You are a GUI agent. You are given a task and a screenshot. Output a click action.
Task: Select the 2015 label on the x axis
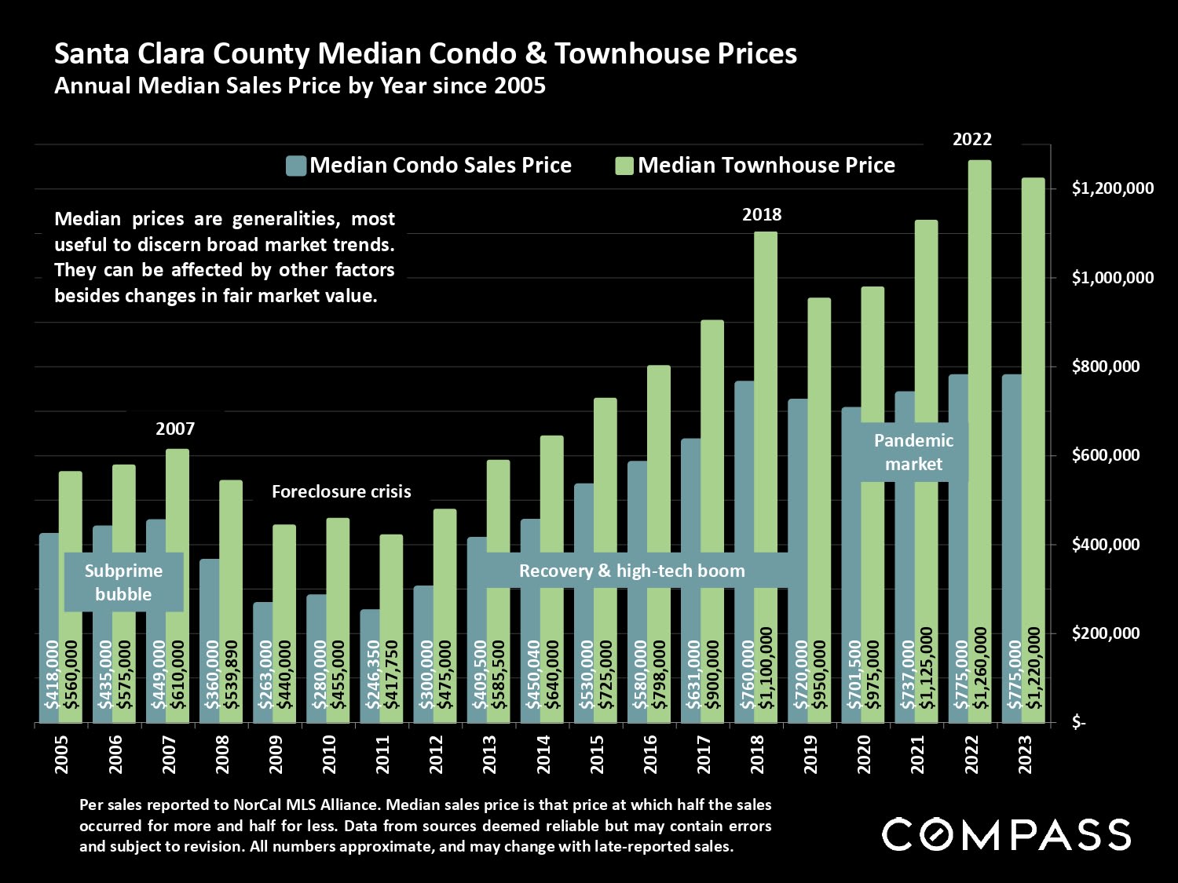click(x=597, y=754)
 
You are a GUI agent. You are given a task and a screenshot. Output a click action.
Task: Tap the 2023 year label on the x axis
click(x=1025, y=754)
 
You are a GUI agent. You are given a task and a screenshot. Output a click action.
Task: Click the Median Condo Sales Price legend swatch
click(x=295, y=166)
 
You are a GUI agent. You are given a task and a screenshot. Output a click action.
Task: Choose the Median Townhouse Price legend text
click(x=766, y=166)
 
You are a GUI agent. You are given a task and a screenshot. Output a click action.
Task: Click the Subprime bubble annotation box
click(x=123, y=582)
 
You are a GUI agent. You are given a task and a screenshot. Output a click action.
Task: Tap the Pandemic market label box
click(x=913, y=452)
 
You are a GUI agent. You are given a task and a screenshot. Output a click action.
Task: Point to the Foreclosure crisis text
click(x=341, y=492)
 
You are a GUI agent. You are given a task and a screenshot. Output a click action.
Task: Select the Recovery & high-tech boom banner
click(x=631, y=571)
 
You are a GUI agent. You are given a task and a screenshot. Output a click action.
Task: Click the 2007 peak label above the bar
click(x=174, y=429)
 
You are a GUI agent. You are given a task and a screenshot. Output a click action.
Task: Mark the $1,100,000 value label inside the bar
click(x=766, y=667)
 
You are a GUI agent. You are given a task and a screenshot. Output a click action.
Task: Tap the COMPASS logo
click(x=1006, y=834)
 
